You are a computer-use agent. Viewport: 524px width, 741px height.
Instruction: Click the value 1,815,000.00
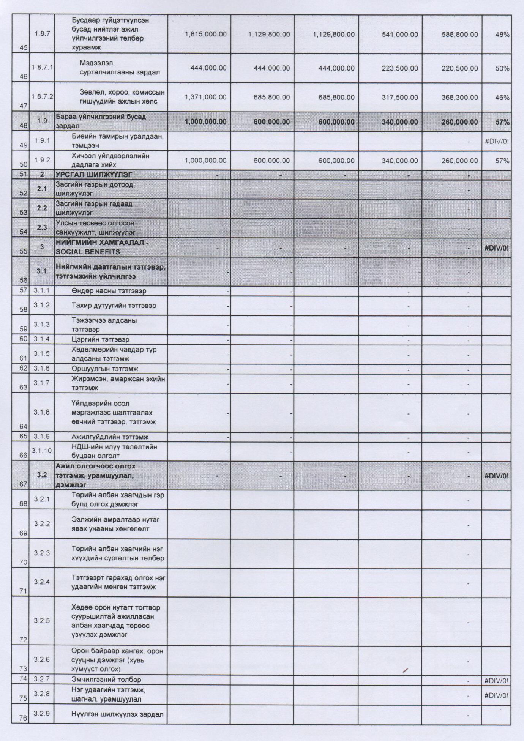205,34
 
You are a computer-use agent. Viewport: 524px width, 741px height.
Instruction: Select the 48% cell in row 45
502,34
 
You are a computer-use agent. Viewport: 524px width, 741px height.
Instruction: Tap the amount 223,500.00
400,68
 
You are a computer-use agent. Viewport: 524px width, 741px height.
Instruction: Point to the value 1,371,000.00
205,98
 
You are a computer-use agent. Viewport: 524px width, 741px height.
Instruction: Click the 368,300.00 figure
459,98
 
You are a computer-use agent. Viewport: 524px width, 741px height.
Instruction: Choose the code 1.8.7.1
42,67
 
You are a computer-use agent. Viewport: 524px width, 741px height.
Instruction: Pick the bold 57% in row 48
502,122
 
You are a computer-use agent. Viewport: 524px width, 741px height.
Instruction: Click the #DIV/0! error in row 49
497,141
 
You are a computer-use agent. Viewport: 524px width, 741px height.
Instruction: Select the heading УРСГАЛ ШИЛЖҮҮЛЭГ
94,175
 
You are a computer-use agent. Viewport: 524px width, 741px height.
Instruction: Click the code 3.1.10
42,451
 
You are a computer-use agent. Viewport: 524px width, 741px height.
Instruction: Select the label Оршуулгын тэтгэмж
105,369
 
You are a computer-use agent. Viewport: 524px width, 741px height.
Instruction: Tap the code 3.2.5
42,621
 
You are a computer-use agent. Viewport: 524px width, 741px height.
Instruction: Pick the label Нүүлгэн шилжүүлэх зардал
117,714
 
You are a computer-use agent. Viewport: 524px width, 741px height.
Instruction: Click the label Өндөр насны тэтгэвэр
109,291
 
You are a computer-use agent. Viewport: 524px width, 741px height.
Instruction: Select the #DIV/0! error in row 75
497,695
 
